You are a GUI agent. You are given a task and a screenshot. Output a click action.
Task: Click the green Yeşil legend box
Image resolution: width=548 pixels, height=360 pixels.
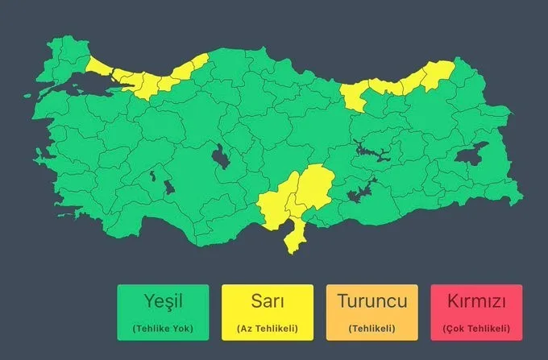(x=163, y=311)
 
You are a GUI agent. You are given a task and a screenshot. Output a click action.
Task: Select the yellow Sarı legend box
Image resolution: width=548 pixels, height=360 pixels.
(x=267, y=311)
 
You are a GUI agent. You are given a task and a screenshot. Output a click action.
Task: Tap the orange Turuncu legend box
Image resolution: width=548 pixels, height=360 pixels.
(x=372, y=311)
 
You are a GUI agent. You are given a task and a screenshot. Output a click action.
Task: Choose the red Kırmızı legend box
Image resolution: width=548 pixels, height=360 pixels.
(x=475, y=311)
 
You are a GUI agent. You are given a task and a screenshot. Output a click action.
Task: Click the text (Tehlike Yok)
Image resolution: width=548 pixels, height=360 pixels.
(x=163, y=329)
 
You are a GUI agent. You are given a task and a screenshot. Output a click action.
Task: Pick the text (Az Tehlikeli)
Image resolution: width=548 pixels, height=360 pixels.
(x=267, y=329)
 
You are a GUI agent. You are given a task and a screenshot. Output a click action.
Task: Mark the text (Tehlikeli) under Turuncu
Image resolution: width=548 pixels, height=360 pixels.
(x=372, y=329)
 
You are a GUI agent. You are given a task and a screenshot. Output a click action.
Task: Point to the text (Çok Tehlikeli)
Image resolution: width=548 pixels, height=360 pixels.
(x=475, y=329)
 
